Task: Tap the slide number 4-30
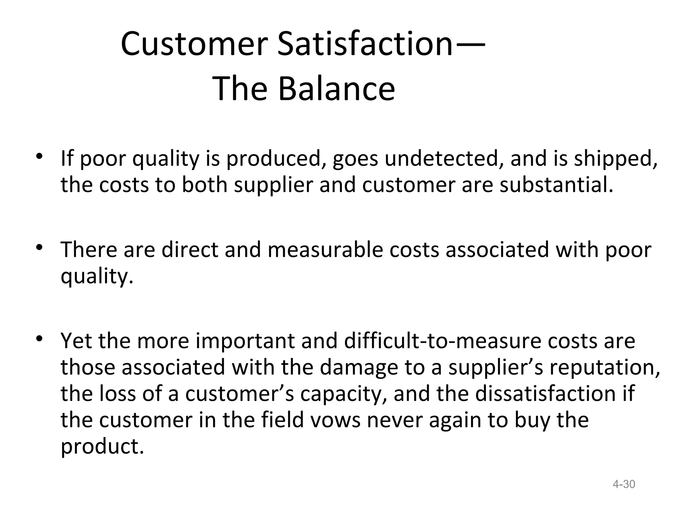click(624, 484)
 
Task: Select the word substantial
click(557, 185)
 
